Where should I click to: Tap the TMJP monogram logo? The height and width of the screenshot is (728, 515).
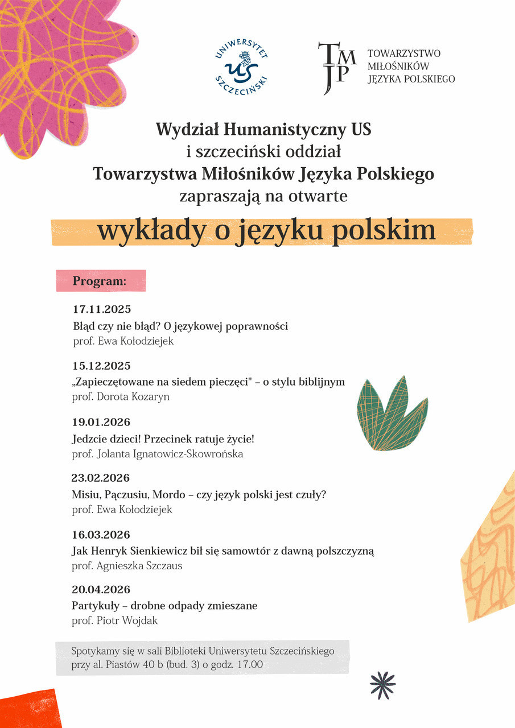[x=337, y=67]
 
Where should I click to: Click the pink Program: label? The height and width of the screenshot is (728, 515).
[x=100, y=281]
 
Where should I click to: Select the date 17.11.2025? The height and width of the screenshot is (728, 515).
[x=102, y=310]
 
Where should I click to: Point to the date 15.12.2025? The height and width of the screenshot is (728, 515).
[x=102, y=366]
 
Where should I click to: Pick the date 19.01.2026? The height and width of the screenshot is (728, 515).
[x=102, y=422]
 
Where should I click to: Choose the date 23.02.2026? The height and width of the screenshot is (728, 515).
[x=101, y=478]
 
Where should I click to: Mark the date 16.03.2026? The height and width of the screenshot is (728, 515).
[x=102, y=535]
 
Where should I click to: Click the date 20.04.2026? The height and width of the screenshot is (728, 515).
[x=102, y=589]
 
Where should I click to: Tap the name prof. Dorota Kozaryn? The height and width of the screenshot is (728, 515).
[x=121, y=396]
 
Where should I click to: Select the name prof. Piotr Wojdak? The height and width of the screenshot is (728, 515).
[x=115, y=621]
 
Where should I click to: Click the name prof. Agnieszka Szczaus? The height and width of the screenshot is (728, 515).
[x=127, y=566]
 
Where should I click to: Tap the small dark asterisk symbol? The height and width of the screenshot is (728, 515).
[x=382, y=685]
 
